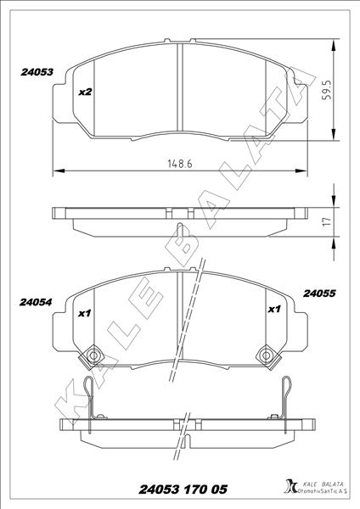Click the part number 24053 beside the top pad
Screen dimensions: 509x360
pyautogui.click(x=37, y=73)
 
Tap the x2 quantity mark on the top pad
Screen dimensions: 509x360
pyautogui.click(x=85, y=92)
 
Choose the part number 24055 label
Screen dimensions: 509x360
pyautogui.click(x=320, y=294)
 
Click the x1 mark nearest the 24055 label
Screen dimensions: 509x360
pyautogui.click(x=274, y=310)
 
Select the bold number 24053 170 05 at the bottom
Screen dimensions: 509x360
pyautogui.click(x=179, y=489)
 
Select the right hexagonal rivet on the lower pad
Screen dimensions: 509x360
pyautogui.click(x=267, y=355)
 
